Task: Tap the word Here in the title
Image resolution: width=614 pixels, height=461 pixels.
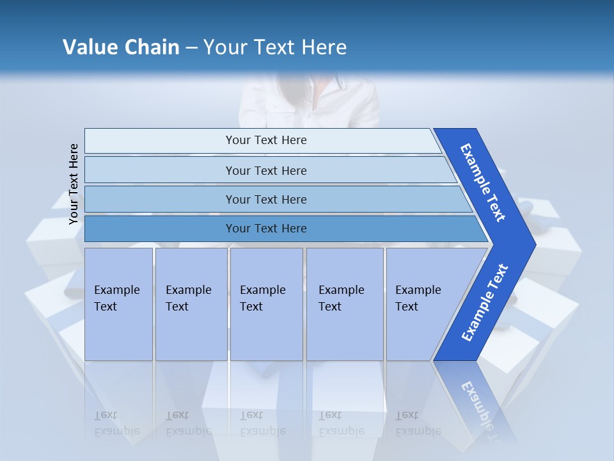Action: pyautogui.click(x=324, y=47)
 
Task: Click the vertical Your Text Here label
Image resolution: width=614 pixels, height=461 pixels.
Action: pyautogui.click(x=74, y=184)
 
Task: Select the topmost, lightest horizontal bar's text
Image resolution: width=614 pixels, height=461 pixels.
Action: pyautogui.click(x=266, y=140)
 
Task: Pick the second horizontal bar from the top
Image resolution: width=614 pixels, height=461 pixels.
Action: pyautogui.click(x=266, y=170)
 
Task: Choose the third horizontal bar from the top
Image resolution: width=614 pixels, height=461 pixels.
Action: pyautogui.click(x=266, y=199)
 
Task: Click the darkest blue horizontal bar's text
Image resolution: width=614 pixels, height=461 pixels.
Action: pyautogui.click(x=266, y=229)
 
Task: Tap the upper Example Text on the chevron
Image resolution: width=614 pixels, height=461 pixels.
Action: pyautogui.click(x=483, y=182)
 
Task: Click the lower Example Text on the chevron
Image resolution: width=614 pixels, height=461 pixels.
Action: pyautogui.click(x=485, y=303)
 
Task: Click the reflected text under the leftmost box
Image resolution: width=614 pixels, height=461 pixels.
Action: pyautogui.click(x=117, y=423)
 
